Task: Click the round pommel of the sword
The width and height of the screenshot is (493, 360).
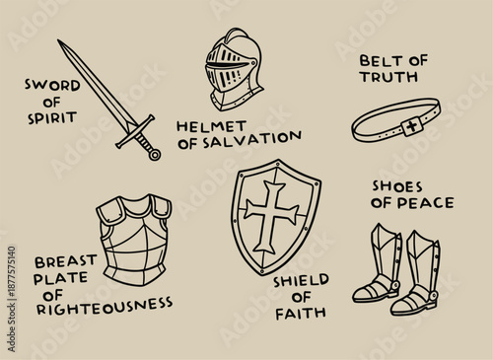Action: click(x=154, y=154)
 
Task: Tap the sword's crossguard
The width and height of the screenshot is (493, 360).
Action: click(x=135, y=131)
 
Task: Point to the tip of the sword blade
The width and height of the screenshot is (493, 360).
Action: click(x=60, y=42)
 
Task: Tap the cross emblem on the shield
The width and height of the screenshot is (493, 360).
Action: click(x=270, y=215)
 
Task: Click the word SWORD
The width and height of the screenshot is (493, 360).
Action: click(x=52, y=86)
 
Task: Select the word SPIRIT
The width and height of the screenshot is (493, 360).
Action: click(x=52, y=117)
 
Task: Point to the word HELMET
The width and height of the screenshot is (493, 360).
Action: click(x=207, y=126)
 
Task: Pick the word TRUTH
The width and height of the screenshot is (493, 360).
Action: click(x=394, y=77)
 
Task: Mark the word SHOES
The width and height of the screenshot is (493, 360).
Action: click(x=397, y=186)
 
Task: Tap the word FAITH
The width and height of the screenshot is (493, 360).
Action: click(x=300, y=314)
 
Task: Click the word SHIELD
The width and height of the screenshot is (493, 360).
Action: click(x=301, y=280)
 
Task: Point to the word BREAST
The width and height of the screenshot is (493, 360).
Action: click(x=65, y=262)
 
